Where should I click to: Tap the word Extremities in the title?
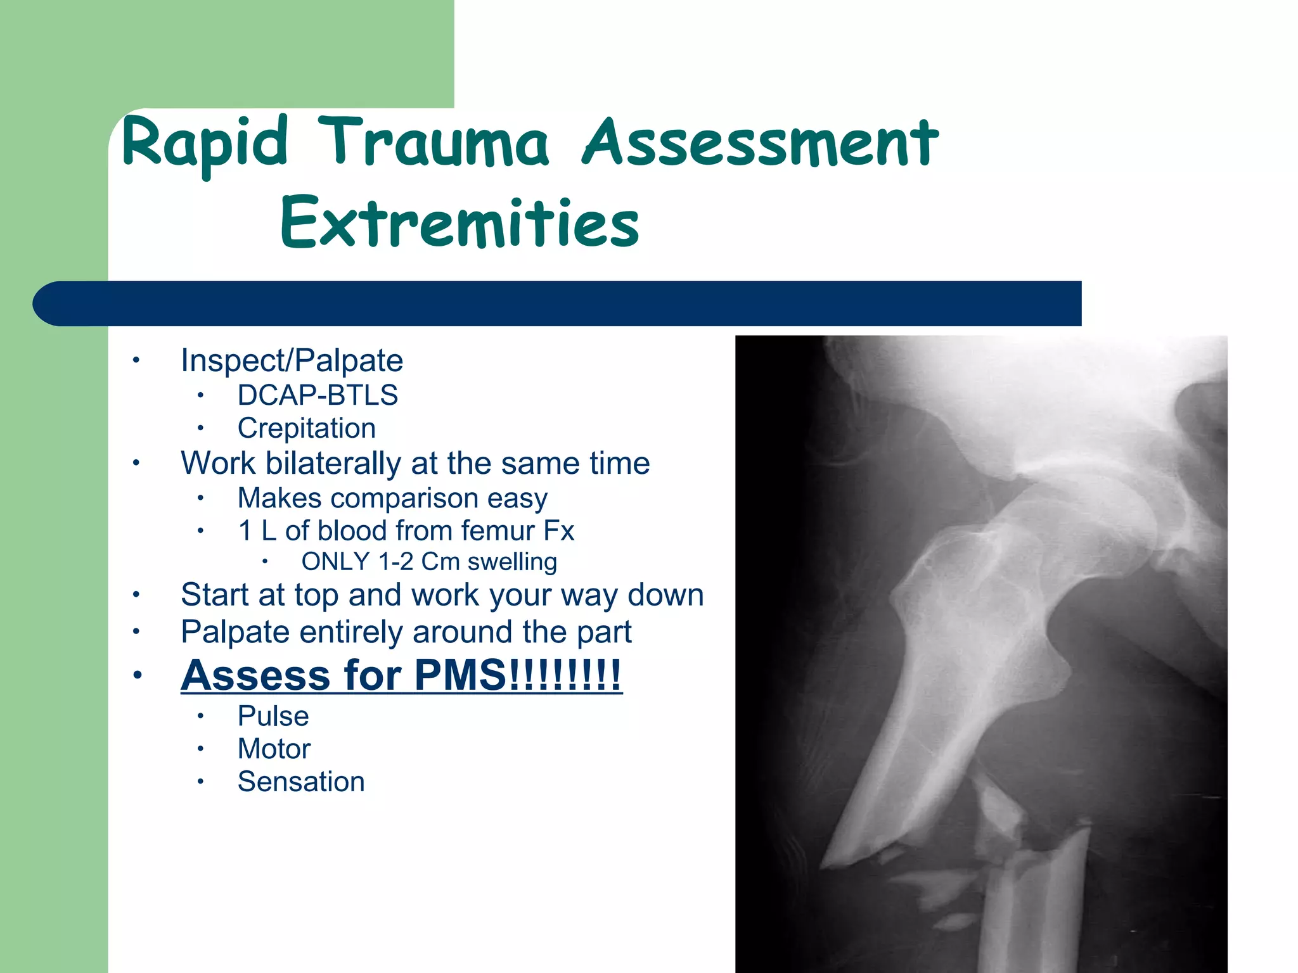tap(459, 223)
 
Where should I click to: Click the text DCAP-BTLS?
tap(318, 395)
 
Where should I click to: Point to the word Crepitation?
tap(306, 428)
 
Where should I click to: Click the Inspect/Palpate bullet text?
tap(292, 360)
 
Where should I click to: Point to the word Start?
tap(212, 595)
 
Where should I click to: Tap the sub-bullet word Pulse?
tap(273, 716)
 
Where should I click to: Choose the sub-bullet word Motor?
tap(274, 749)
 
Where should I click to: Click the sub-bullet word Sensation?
tap(301, 782)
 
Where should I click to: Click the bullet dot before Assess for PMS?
tap(136, 675)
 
